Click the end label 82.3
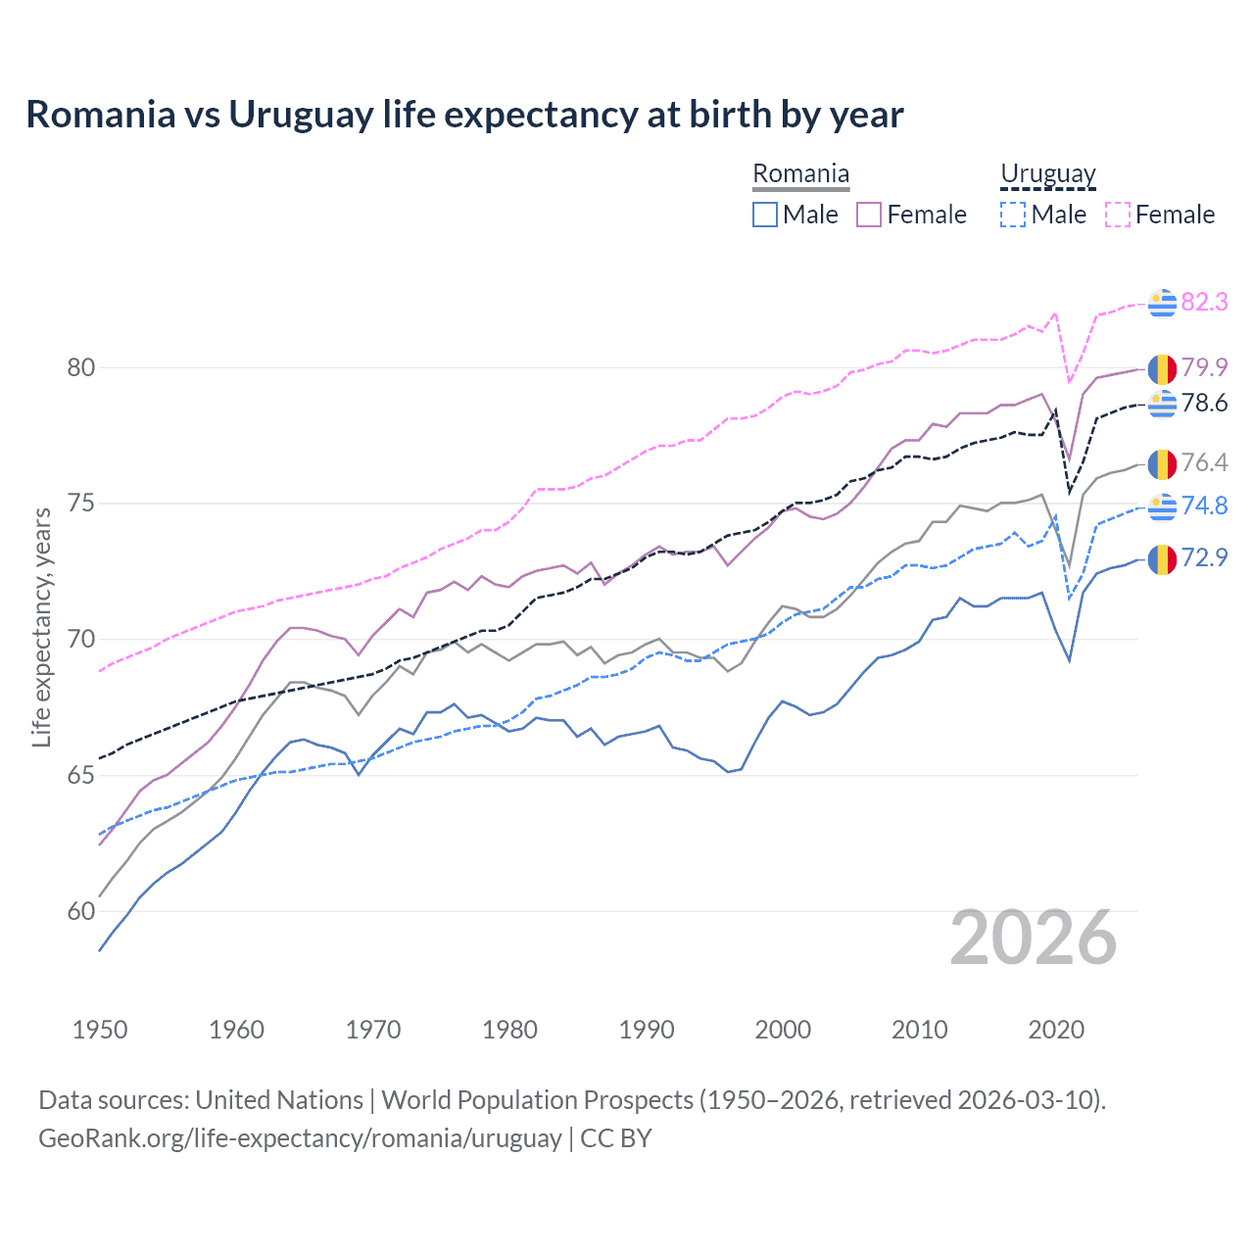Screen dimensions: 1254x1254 1204,302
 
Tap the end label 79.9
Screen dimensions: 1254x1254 1204,367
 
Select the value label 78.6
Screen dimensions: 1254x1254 1204,403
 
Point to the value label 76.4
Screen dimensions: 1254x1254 1204,462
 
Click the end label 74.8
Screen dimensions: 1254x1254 1204,506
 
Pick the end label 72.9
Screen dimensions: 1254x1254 1204,557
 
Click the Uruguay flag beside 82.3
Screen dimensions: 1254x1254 1162,304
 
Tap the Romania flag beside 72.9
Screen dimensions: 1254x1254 1162,558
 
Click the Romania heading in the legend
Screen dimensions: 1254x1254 800,174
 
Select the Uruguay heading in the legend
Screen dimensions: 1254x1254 1047,174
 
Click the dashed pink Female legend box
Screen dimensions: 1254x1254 1117,215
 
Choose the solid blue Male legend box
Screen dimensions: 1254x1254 765,215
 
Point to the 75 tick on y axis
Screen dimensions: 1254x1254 81,504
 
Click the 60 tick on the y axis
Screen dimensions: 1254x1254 81,911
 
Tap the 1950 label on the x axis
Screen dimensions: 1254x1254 100,1030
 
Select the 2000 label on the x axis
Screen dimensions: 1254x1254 783,1030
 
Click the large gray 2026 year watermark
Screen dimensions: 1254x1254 1034,939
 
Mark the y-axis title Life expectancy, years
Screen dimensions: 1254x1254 41,627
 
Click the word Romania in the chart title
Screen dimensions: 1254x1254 101,115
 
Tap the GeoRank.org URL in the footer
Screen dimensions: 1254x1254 300,1138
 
